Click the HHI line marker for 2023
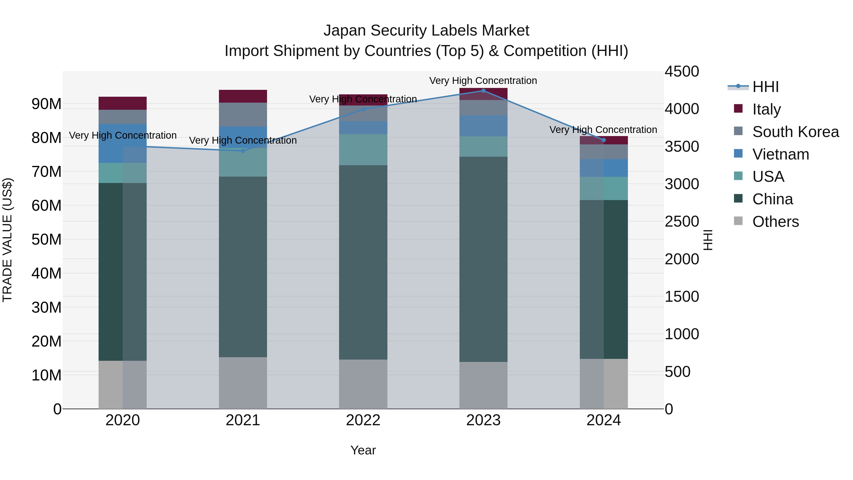483,91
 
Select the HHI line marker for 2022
363,109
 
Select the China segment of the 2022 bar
363,262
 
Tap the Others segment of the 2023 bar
483,385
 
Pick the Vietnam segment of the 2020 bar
123,143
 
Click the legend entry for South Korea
795,132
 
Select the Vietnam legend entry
780,154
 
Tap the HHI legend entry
765,87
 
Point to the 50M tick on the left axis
46,239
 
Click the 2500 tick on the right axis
682,221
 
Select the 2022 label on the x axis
363,420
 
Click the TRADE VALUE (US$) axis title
7,240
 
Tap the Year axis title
363,450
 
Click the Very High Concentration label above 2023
483,81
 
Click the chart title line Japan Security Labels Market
426,31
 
